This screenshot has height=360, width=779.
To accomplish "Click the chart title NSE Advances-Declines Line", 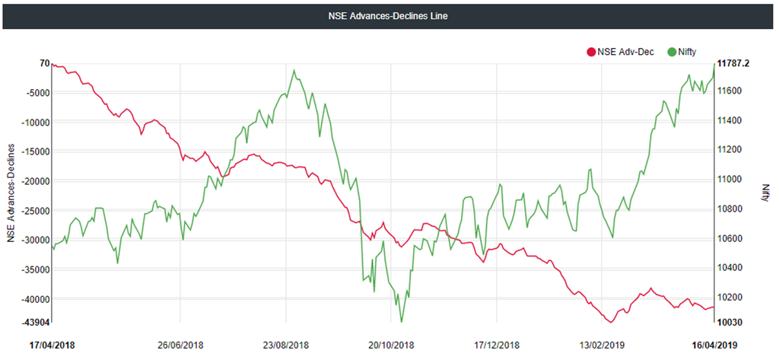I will point(389,15).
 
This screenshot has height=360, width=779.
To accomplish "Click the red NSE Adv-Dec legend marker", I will point(590,53).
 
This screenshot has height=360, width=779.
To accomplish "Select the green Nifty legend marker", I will point(672,53).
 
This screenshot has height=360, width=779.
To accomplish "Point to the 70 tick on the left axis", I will point(44,63).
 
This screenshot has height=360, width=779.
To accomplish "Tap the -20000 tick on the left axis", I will point(34,181).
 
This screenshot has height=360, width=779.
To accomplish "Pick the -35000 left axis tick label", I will point(34,269).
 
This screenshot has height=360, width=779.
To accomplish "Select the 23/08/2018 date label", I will point(286,345).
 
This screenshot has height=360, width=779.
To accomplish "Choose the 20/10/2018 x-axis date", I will point(390,345).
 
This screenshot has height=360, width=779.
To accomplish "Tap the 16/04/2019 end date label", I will point(715,345).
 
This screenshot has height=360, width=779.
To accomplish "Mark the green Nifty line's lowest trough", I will point(401,322).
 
